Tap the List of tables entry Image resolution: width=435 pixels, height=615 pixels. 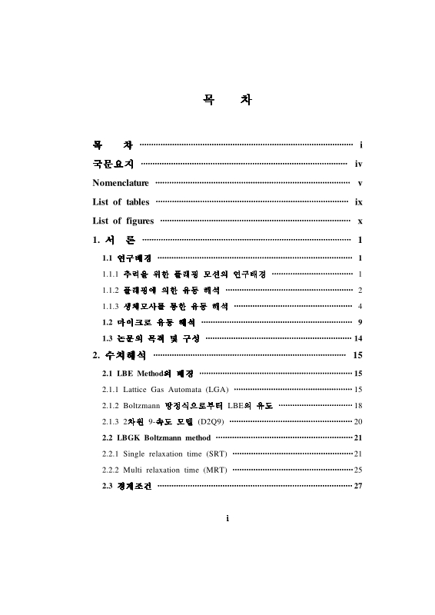121,201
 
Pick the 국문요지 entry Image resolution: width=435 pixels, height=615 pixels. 113,164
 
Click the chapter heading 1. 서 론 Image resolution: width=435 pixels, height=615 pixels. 114,240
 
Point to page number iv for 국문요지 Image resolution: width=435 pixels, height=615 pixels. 358,164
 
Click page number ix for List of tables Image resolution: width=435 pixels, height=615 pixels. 358,201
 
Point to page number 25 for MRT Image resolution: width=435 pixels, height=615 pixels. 357,469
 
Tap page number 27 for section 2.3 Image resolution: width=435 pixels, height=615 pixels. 357,485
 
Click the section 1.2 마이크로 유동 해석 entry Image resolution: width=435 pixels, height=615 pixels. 148,321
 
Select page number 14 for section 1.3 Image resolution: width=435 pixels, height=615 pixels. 357,337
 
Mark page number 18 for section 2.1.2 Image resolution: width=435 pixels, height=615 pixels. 357,405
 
